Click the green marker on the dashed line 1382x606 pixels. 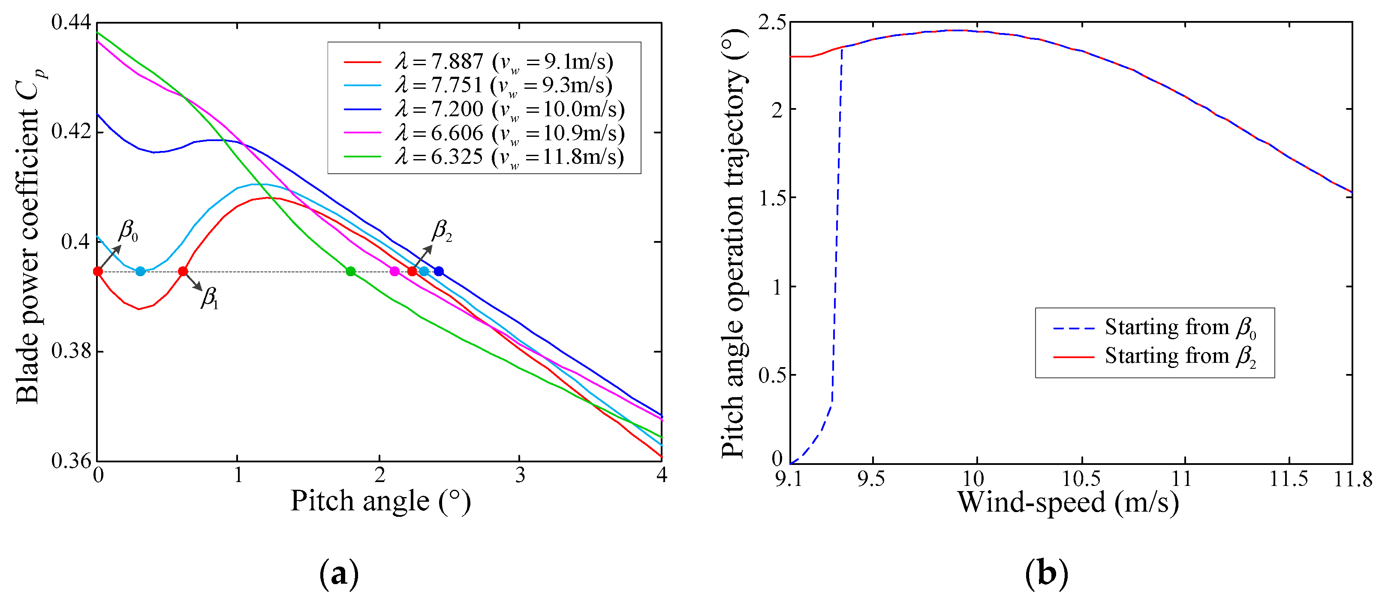[x=350, y=271]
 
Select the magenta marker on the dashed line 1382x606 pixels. [x=394, y=271]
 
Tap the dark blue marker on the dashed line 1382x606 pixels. [x=438, y=271]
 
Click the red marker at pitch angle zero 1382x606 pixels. [x=98, y=271]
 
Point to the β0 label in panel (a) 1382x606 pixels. [x=128, y=231]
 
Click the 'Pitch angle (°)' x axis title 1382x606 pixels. [x=380, y=501]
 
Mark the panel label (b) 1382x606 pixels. [x=1046, y=574]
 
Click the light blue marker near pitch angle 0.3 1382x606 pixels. [x=140, y=271]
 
